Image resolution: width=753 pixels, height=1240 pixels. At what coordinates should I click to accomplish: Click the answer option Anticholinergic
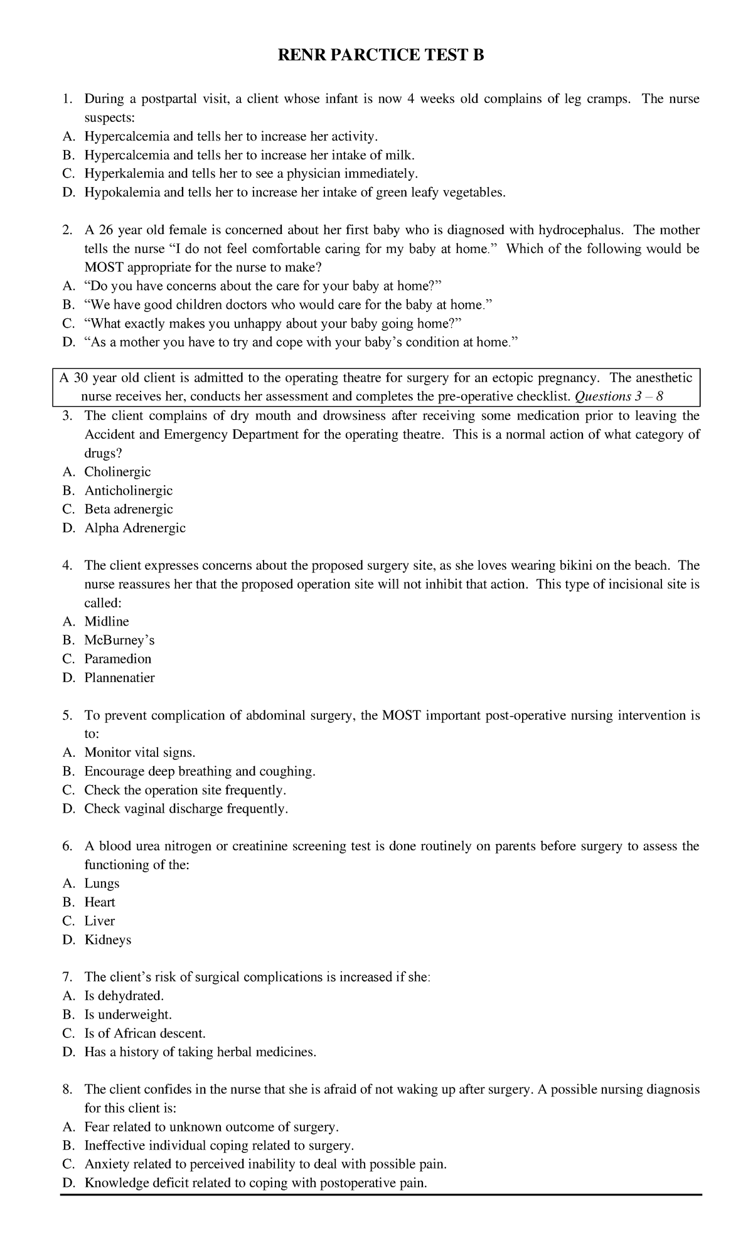[128, 490]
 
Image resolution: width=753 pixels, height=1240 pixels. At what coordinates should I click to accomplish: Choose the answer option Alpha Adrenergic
[135, 528]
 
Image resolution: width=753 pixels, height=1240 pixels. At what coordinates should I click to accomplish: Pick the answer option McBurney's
[119, 640]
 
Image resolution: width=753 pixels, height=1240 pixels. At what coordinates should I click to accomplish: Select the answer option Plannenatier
[119, 678]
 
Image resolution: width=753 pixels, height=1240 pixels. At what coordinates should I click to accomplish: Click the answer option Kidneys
[108, 939]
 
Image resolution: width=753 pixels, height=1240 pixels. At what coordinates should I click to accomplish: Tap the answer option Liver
[100, 921]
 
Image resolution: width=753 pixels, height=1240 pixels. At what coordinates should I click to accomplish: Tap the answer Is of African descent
[145, 1033]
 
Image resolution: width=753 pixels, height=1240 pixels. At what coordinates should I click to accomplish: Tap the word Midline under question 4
[107, 621]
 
